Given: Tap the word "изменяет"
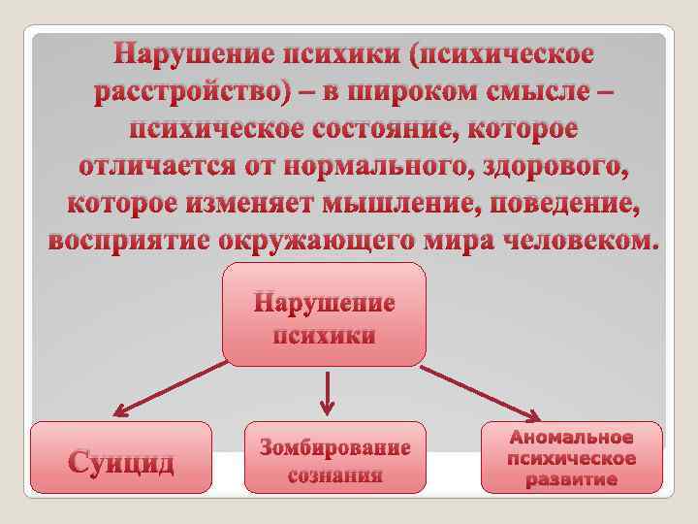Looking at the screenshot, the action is pyautogui.click(x=260, y=203).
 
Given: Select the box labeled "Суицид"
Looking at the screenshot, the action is pyautogui.click(x=121, y=459).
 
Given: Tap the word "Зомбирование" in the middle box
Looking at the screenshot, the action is pyautogui.click(x=335, y=447).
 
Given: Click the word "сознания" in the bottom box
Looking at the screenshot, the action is pyautogui.click(x=335, y=475).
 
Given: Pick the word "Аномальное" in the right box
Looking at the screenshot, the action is pyautogui.click(x=572, y=438).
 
